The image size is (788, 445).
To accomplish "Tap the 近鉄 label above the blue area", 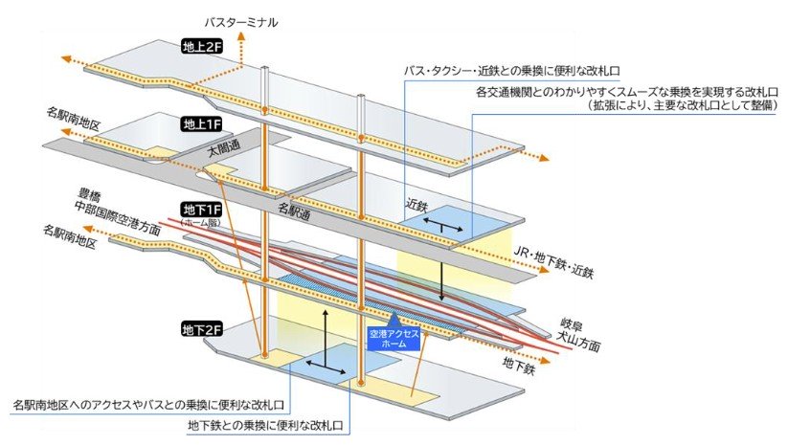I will click(x=416, y=204).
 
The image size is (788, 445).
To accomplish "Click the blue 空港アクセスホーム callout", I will click(x=394, y=339).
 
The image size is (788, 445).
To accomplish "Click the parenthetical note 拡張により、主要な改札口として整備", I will click(x=680, y=106).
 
